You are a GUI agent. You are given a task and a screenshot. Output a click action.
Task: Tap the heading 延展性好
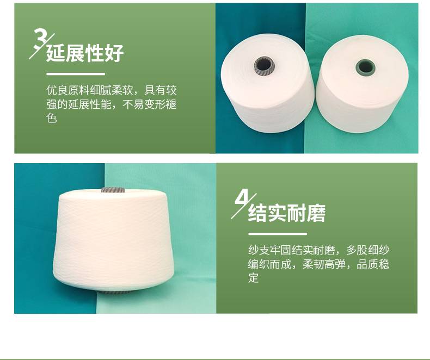coord(85,53)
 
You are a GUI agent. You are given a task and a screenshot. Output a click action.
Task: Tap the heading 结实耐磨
coord(287,213)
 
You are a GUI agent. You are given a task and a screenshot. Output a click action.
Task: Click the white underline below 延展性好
coord(76,74)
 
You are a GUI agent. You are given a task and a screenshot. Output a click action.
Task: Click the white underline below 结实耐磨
coord(278,234)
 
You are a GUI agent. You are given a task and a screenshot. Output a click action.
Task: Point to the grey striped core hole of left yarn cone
coord(264,65)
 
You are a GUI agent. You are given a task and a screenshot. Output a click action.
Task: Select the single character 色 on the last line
coord(52,118)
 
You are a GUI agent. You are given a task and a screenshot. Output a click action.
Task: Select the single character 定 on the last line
coord(254,278)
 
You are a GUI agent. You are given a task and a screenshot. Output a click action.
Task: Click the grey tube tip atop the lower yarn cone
coord(113,190)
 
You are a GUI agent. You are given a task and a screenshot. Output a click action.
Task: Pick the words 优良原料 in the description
coord(67,90)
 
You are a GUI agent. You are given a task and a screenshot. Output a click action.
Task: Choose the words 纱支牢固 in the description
coord(269,250)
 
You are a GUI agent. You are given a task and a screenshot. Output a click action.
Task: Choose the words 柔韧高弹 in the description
coord(324,264)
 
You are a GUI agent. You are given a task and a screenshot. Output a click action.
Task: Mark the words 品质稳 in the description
coord(373,264)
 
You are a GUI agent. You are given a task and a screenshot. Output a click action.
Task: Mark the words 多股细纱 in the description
coord(368,250)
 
